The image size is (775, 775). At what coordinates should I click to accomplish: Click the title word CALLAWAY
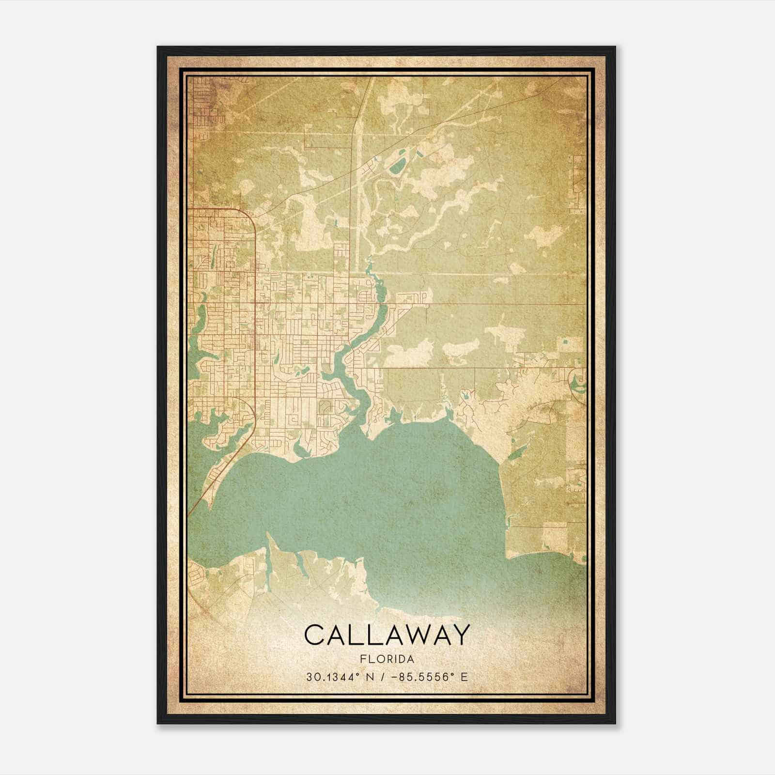coord(387,635)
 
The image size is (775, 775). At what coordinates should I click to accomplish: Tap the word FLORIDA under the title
coord(387,659)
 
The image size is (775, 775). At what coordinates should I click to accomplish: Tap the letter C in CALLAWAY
coord(314,635)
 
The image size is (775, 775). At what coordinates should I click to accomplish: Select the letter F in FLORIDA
coord(363,659)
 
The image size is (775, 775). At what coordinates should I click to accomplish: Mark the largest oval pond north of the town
coord(398,168)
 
